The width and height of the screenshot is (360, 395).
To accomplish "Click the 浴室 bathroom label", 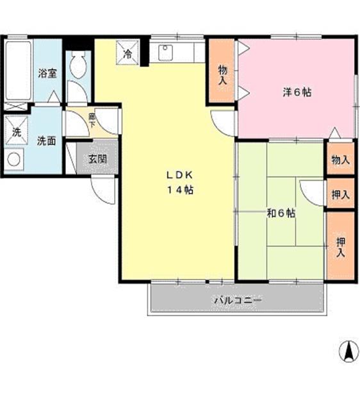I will (47, 72).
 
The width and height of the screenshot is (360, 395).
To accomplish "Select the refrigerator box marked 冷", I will (128, 55).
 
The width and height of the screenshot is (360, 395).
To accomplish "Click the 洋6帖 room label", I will (298, 92).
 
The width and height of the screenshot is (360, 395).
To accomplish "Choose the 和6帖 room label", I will (281, 213).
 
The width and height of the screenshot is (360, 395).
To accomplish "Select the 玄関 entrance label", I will (97, 158).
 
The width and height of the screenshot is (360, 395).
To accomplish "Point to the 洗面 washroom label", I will (46, 140).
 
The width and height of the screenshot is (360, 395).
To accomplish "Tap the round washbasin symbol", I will (13, 160).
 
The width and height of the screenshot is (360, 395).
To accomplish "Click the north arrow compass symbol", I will (348, 350).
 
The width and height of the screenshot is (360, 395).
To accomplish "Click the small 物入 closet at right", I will (340, 160).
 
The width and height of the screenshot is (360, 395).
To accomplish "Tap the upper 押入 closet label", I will (340, 194).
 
